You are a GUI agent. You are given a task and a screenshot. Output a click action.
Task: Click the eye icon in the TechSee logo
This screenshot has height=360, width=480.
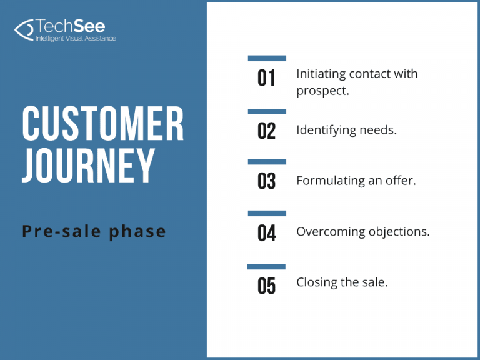point(24,29)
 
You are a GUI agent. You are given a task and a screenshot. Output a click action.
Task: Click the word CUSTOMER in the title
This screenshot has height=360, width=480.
point(103,124)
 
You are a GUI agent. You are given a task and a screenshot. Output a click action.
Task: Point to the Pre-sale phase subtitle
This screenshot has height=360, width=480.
point(94,232)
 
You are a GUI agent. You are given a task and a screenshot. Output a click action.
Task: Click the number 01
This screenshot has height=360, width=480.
point(267,79)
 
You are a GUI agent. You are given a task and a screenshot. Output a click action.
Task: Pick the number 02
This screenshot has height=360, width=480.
point(267,131)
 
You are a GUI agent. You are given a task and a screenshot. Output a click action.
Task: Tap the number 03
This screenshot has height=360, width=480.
point(267,181)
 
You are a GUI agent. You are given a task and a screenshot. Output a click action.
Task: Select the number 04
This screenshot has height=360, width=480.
point(267,232)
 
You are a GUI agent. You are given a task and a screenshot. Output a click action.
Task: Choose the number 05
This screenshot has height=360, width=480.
point(267,286)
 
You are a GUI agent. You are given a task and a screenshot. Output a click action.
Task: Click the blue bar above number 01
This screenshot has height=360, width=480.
point(267,58)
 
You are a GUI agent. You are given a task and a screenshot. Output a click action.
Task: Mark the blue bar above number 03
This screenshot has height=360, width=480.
point(267,162)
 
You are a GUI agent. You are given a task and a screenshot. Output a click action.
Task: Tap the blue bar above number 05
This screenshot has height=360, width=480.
point(267,266)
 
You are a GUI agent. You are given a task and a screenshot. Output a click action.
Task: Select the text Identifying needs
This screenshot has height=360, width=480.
point(346,130)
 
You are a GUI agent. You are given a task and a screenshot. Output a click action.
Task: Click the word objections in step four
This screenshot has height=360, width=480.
point(398,232)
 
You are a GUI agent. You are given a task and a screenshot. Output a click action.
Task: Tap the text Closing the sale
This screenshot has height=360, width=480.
point(342,282)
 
